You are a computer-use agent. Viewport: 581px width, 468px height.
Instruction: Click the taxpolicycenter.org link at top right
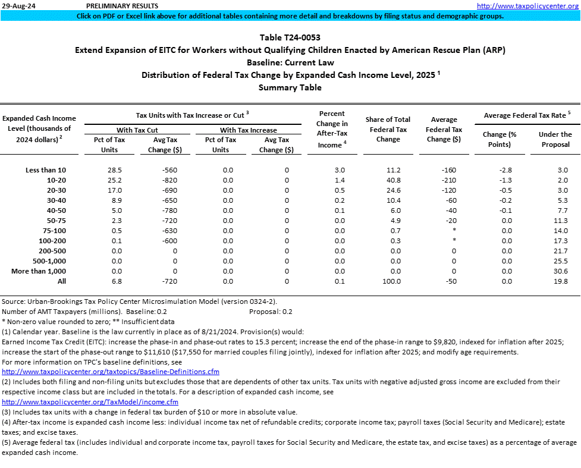527,5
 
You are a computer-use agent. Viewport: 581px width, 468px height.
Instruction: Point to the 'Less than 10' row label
46,170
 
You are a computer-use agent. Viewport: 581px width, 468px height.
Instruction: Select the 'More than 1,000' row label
39,271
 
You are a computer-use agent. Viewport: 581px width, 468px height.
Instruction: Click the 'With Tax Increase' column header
249,130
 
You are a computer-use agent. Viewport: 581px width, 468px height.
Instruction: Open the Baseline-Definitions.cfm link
111,372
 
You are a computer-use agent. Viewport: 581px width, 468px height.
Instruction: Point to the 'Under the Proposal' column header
555,139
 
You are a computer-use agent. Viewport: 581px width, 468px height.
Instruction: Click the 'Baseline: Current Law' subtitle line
290,62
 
